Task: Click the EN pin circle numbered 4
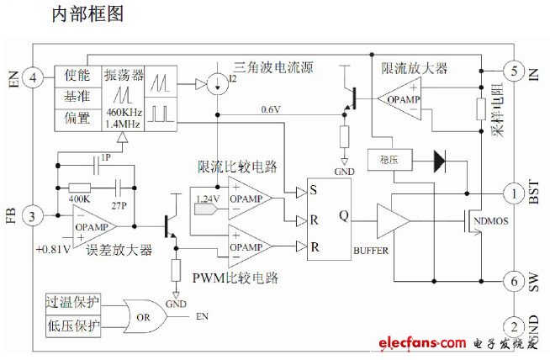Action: tap(33, 78)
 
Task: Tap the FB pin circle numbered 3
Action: tap(33, 216)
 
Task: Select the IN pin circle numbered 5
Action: tap(515, 71)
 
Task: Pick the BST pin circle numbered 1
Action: tap(515, 193)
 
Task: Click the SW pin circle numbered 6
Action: tap(515, 282)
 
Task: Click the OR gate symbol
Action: tap(142, 316)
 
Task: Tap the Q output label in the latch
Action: tap(343, 214)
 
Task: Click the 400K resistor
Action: tap(79, 189)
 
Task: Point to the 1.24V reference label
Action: tap(207, 199)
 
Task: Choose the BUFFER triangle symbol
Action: tap(393, 222)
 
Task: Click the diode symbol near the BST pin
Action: tap(437, 160)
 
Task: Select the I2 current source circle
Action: tap(216, 84)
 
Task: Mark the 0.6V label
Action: tap(270, 109)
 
